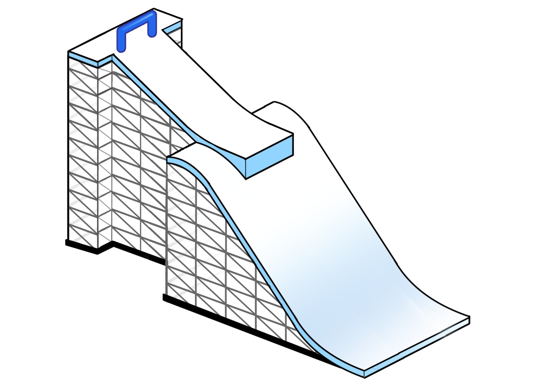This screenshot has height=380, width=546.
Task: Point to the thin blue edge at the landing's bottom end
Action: (x=415, y=348)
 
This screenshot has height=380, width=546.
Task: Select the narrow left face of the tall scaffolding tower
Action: (x=83, y=150)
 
